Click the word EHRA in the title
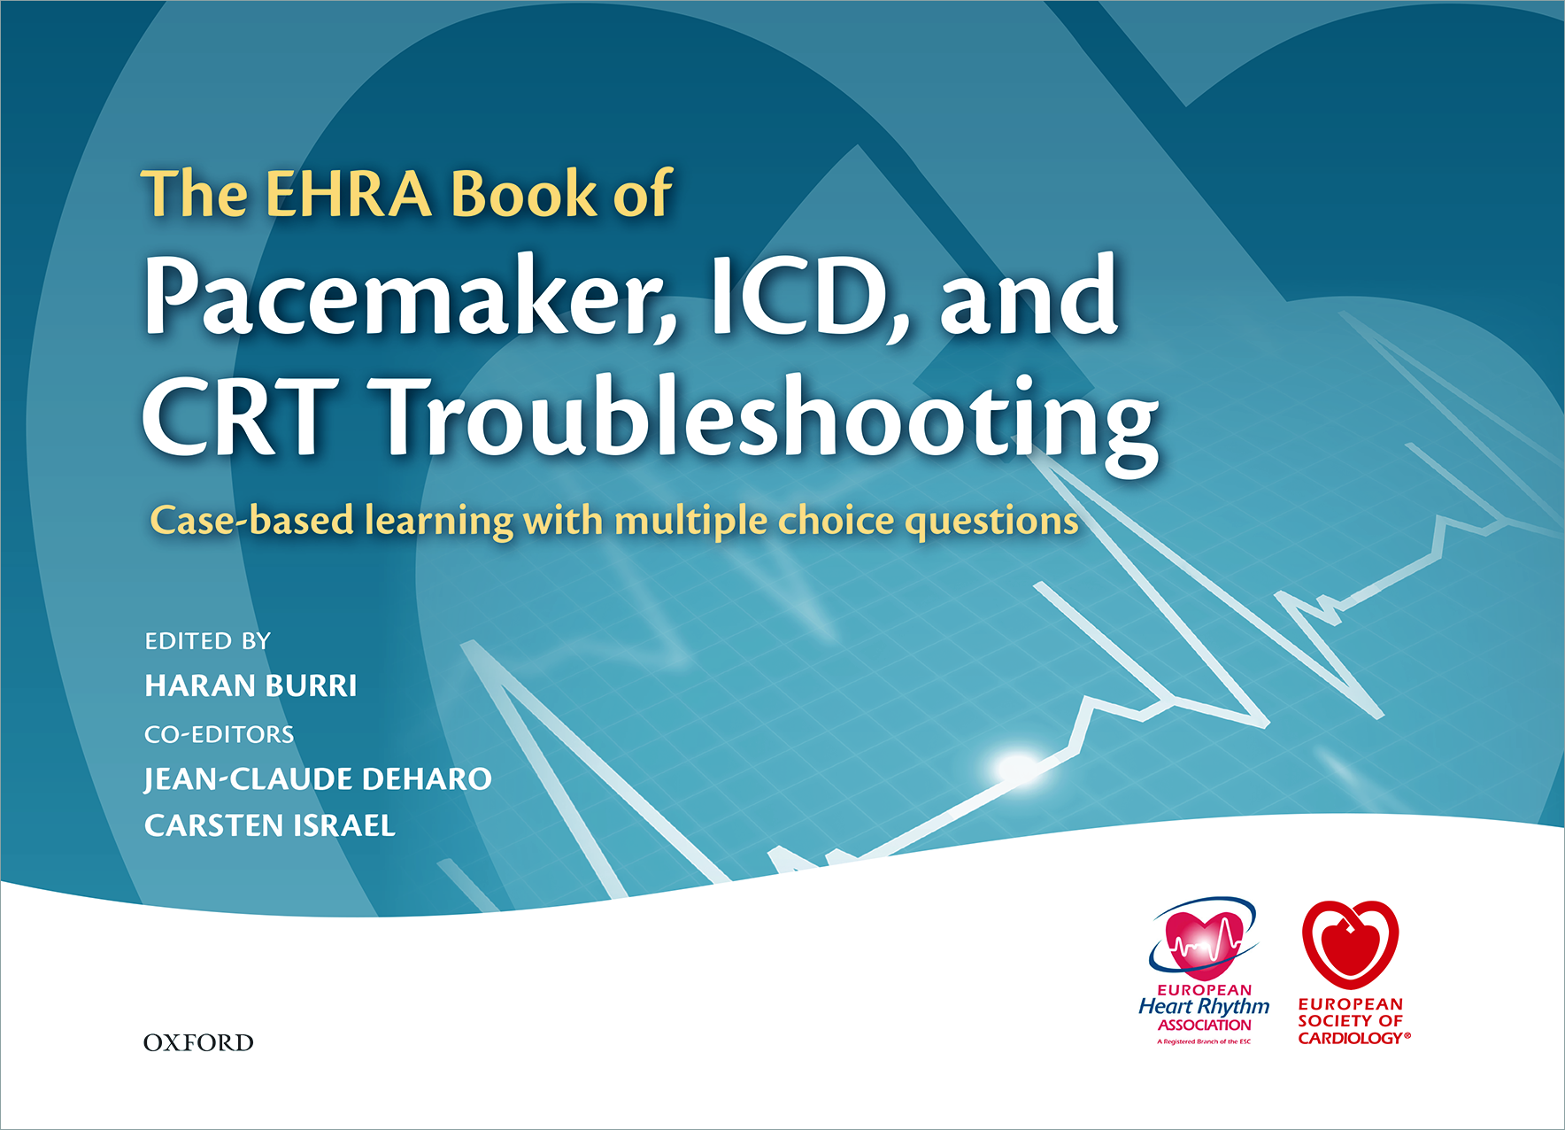point(349,194)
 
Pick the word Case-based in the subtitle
point(252,520)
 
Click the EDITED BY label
point(207,641)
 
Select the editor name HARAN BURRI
point(251,686)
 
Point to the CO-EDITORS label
point(219,734)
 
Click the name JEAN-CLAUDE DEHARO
point(318,779)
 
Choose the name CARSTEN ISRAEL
point(270,825)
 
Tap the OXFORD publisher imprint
point(198,1042)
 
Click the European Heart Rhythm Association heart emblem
point(1203,940)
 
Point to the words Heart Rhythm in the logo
point(1204,1007)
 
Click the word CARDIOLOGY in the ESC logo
point(1351,1038)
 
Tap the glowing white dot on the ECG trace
point(1015,766)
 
